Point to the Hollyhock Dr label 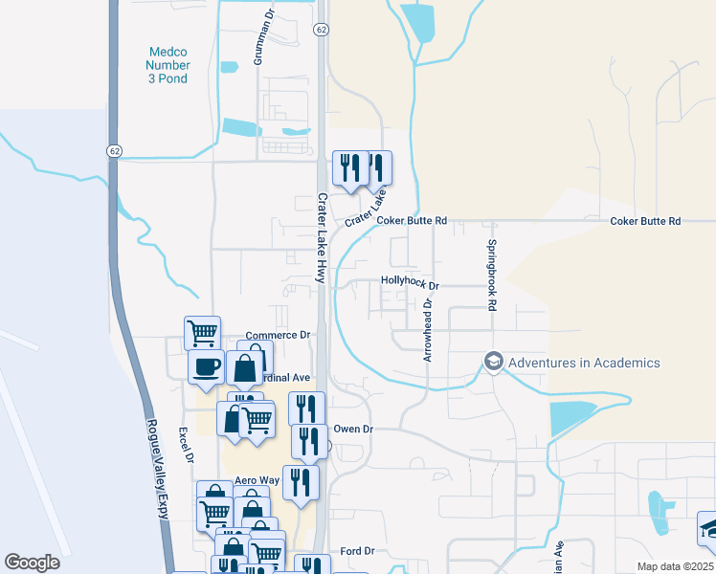point(409,285)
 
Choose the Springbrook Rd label point(493,276)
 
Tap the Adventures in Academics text point(584,363)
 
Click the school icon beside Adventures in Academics point(493,363)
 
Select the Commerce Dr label point(279,336)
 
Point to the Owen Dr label point(352,430)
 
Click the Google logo point(33,562)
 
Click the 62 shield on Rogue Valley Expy point(114,151)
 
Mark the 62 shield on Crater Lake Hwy point(322,31)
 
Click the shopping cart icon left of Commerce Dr point(202,333)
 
